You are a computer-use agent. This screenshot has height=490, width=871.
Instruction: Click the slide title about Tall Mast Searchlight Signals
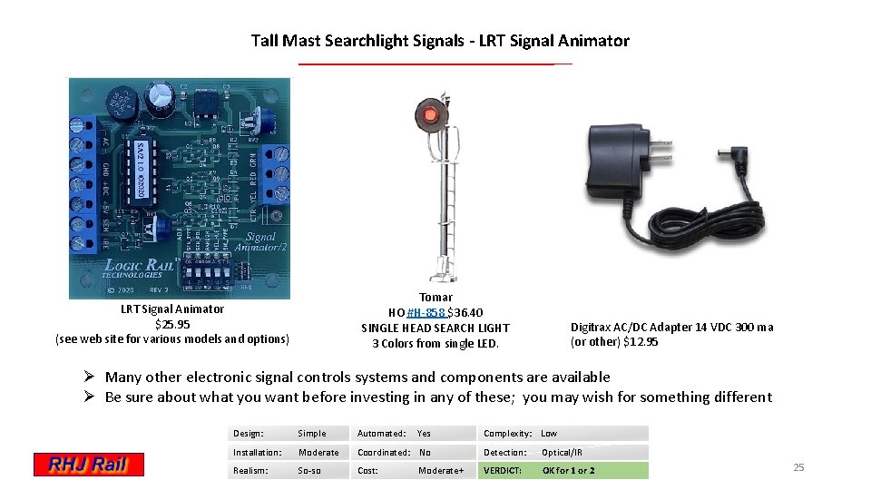coord(440,41)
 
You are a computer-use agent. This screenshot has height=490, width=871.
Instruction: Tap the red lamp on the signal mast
coord(428,113)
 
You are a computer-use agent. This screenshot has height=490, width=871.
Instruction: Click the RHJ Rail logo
coord(89,465)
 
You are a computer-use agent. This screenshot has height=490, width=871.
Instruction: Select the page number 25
coord(798,467)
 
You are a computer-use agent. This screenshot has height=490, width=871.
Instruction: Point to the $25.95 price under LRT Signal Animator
coord(172,324)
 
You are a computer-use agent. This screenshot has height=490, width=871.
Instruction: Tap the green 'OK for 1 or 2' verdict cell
coord(569,470)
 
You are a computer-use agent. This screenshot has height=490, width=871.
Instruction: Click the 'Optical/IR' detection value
coord(562,452)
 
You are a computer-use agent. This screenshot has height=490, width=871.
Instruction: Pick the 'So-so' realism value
coord(309,470)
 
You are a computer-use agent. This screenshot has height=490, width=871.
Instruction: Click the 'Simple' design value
coord(311,433)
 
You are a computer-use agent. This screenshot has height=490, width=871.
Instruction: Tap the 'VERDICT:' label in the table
coord(503,470)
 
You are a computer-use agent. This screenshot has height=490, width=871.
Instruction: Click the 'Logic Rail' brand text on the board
coord(132,265)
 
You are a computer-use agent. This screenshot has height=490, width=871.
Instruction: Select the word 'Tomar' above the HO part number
coord(435,297)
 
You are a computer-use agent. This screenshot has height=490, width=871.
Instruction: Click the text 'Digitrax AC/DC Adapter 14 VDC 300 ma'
coord(671,327)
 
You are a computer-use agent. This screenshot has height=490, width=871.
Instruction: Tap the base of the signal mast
coord(441,270)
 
